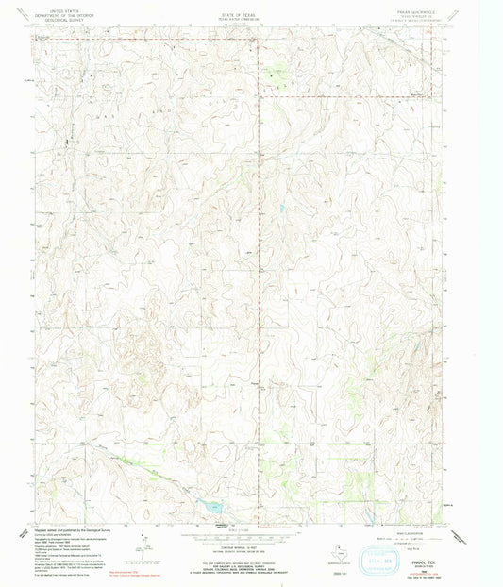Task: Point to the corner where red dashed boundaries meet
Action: pos(259,96)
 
